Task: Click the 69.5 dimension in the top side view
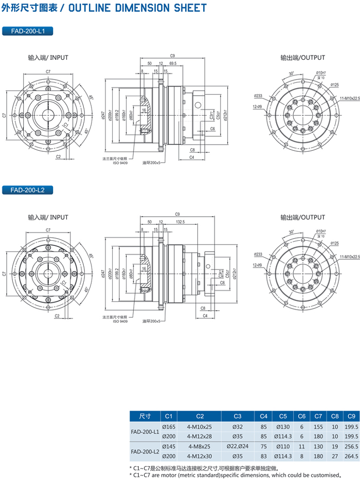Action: tap(172, 63)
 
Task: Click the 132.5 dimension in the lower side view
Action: tap(179, 222)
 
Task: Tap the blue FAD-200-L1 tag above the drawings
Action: tap(28, 31)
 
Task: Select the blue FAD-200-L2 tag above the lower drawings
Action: tap(28, 190)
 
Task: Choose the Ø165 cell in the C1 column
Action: tap(169, 427)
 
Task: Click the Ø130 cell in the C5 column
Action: tap(283, 427)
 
